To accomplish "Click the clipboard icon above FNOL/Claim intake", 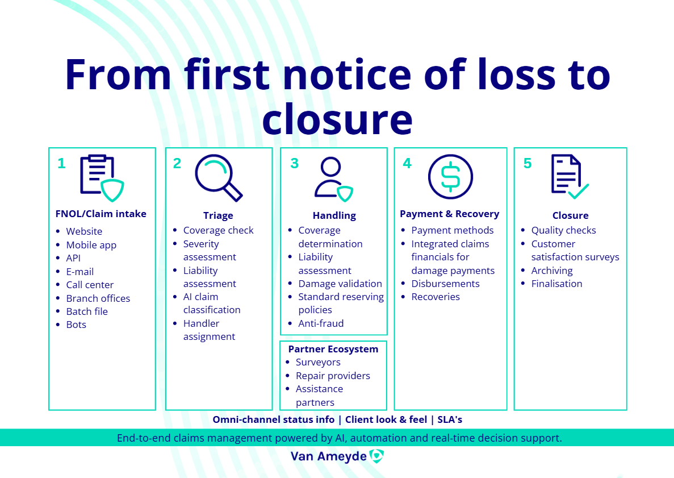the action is pos(102,178).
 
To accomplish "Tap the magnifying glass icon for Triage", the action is pos(219,178).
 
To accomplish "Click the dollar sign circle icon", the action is pos(450,177).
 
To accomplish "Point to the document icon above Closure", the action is pos(570,176).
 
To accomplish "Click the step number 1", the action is pos(61,164).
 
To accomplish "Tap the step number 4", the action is pos(407,164).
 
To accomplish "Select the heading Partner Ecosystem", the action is pos(333,349).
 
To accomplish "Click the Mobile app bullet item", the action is pos(91,245).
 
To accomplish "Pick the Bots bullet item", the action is pos(76,325).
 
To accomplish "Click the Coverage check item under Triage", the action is pos(219,230).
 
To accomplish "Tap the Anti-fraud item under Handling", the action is pos(321,323).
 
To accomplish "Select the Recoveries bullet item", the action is pos(436,297).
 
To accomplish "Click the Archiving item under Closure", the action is pos(552,271).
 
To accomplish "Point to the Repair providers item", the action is pos(333,376).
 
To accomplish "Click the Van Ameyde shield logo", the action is pos(376,456).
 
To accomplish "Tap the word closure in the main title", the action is pos(337,119).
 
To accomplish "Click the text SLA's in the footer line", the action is pos(450,419).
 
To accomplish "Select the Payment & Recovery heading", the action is pos(450,214).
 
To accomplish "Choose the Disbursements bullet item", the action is pos(445,284).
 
